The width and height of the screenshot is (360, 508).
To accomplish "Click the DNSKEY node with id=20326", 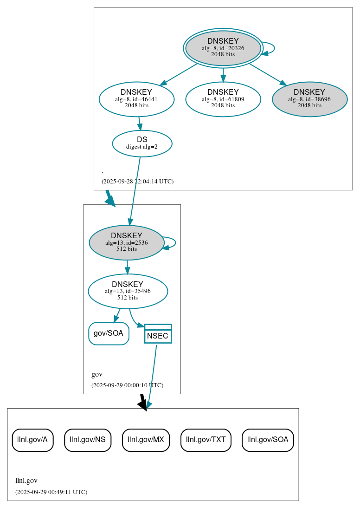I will [223, 48].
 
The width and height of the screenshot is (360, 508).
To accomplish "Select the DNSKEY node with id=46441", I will [136, 99].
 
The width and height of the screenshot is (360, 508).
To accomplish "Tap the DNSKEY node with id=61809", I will [223, 99].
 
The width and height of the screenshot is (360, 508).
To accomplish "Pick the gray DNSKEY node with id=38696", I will [309, 99].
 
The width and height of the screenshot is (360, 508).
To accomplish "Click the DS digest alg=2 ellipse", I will [142, 143].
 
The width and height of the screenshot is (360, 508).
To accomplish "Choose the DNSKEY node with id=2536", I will [127, 242].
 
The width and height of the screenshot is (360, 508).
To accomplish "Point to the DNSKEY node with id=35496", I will [128, 291].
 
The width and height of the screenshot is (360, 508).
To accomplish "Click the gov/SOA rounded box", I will [109, 333].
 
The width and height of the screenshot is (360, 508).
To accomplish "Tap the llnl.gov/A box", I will [32, 440].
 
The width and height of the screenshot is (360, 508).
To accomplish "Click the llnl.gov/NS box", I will [88, 440].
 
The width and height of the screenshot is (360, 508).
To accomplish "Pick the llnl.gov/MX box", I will [146, 440].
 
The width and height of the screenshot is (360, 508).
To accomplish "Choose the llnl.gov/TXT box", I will [206, 440].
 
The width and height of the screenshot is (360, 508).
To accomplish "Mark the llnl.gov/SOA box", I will [268, 440].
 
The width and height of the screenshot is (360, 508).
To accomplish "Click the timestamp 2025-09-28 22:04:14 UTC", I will [137, 182].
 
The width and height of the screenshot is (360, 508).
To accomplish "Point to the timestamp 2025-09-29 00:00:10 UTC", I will [127, 385].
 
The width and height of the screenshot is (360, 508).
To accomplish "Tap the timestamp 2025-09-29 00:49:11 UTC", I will [51, 492].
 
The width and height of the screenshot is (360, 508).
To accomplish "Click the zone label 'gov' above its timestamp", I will [96, 374].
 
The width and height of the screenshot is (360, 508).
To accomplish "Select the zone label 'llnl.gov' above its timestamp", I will [26, 481].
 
